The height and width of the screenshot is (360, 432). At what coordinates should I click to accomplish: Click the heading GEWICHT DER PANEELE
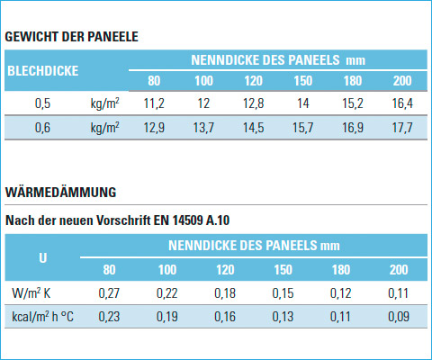coord(72,37)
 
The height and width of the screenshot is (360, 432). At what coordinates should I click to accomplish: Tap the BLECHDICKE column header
coord(43,71)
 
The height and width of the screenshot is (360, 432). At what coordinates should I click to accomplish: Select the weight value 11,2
coord(154,103)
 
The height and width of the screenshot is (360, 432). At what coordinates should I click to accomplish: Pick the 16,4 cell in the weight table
coord(402,103)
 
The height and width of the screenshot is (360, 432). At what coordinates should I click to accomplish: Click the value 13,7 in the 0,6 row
coord(203,128)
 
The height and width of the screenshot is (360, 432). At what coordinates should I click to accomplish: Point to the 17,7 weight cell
coord(402,128)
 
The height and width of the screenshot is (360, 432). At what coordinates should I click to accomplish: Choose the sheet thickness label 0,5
coord(42,103)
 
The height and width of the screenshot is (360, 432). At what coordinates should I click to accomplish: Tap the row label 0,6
coord(42,128)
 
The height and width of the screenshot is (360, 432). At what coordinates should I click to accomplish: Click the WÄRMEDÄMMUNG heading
coord(61,192)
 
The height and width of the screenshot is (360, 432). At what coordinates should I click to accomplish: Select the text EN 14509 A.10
coord(192,220)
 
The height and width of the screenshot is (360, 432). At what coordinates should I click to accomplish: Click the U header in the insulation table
coord(43,258)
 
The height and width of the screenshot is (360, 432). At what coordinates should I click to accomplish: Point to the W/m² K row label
coord(31,293)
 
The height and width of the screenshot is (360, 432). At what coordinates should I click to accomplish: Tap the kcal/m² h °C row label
coord(42,317)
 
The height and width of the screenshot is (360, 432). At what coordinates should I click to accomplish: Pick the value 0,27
coord(109,293)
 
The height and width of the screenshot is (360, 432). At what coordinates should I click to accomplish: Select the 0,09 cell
coord(399,317)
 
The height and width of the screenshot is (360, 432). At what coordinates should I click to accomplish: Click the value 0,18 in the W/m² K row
coord(225,293)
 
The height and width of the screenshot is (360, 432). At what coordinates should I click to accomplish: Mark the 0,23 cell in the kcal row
coord(109,317)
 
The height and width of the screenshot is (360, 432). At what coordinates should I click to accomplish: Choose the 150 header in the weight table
coord(303,81)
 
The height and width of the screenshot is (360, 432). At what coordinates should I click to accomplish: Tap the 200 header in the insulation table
coord(399,270)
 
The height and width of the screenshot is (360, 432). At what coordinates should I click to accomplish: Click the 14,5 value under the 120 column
coord(254,128)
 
